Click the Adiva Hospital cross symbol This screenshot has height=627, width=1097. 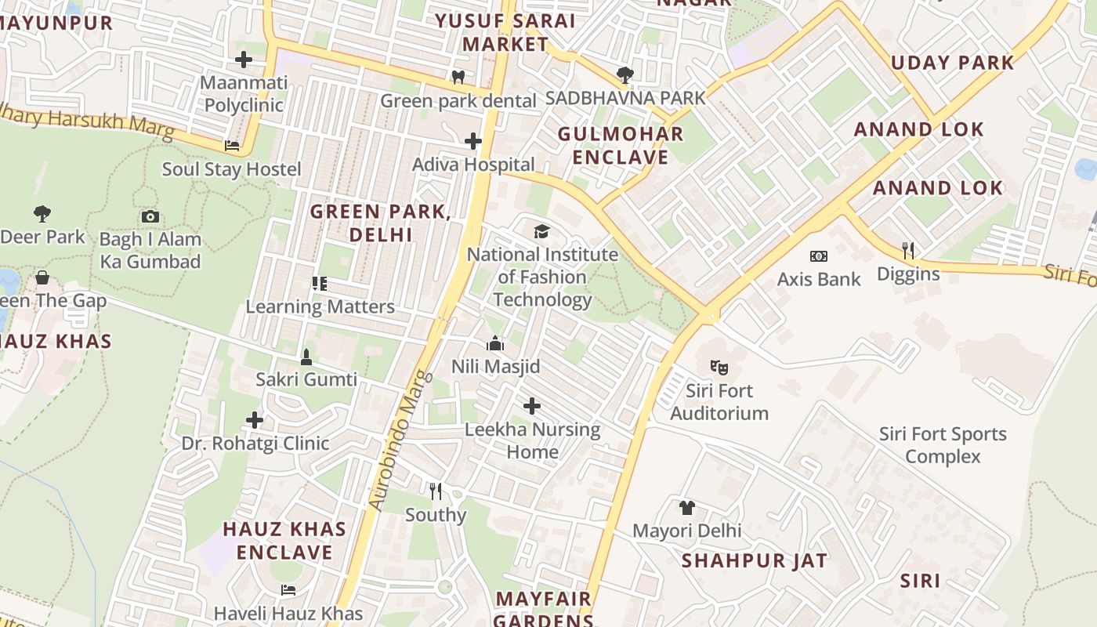click(x=473, y=141)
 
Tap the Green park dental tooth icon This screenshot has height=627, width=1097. click(x=458, y=77)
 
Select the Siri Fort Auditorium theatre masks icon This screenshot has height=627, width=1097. click(x=719, y=366)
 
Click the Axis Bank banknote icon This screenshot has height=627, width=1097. click(x=819, y=256)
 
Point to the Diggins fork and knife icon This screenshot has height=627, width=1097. click(x=908, y=251)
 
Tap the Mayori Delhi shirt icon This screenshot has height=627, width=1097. click(x=687, y=507)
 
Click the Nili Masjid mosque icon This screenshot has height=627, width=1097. click(x=495, y=343)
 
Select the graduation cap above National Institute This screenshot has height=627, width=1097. click(x=542, y=231)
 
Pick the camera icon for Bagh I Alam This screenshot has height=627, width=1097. click(x=150, y=216)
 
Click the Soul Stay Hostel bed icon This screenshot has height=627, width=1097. click(x=232, y=146)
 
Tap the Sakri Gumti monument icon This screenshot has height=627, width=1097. click(x=306, y=357)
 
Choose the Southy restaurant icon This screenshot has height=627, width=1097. click(x=436, y=491)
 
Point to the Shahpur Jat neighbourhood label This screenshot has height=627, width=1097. click(x=754, y=560)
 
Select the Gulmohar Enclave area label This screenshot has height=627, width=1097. click(x=621, y=145)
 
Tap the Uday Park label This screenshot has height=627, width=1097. click(x=953, y=63)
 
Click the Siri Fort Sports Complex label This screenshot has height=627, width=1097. click(x=943, y=445)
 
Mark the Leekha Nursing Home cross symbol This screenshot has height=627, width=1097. click(x=532, y=406)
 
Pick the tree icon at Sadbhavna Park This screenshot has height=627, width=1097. click(x=625, y=75)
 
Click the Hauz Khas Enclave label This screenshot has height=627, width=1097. click(x=284, y=541)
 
